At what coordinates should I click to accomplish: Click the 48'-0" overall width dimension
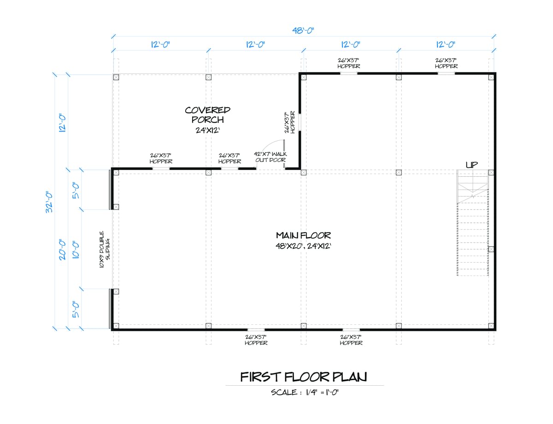coord(303,30)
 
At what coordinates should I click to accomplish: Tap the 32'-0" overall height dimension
coord(49,202)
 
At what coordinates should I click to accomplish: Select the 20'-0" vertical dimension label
coord(62,250)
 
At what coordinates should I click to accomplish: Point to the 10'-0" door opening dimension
coord(76,250)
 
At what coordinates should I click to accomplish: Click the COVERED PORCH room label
coord(208,115)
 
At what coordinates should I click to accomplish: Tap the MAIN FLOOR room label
coord(303,235)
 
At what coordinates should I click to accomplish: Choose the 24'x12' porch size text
coord(208,130)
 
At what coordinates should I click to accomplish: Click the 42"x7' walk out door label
coord(270,157)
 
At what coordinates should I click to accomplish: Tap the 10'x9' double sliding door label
coord(105,249)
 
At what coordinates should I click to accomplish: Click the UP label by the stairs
coord(472,165)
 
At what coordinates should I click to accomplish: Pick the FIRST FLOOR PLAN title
coord(304,377)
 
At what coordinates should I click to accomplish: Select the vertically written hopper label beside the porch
coord(290,122)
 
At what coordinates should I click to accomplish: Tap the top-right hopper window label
coord(446,63)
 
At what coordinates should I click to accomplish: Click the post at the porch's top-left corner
coord(116,77)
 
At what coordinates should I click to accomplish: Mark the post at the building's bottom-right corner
coord(491,326)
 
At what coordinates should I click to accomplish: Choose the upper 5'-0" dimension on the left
coord(76,190)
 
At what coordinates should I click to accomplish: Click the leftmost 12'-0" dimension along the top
coord(160,45)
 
